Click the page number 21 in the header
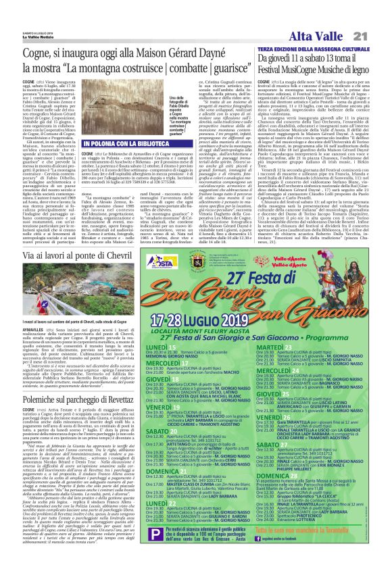[x=376, y=35]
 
